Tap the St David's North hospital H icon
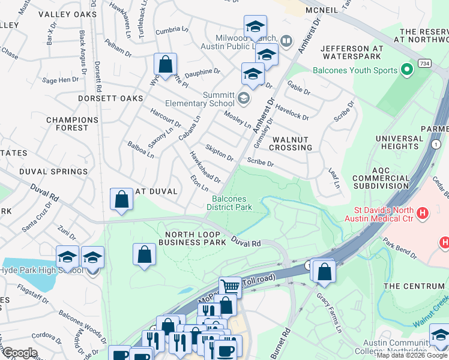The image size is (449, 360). tap(423, 212)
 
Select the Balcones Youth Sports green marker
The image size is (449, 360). tap(408, 70)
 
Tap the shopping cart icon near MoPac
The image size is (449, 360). tap(230, 287)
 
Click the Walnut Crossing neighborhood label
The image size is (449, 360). tap(292, 143)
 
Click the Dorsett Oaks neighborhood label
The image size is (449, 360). tap(110, 98)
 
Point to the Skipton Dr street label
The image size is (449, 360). tap(219, 153)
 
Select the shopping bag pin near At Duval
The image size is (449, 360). tap(122, 200)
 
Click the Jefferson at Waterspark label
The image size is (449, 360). tap(351, 52)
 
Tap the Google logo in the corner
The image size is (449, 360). tap(20, 353)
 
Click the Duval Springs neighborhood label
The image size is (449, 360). tap(53, 172)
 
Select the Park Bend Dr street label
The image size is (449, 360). tap(400, 249)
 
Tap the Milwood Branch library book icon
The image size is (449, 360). tap(286, 41)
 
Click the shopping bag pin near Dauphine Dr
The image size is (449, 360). tap(165, 64)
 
